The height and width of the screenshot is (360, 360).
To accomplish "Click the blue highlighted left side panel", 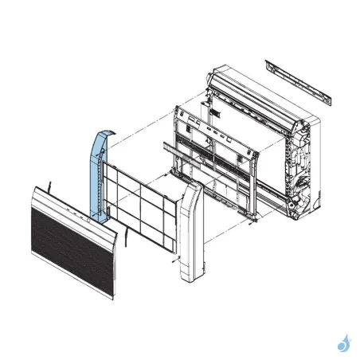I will click(98, 175).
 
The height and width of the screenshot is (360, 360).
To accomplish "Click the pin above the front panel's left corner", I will click(49, 185).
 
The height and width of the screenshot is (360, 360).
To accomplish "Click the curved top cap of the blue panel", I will click(101, 131).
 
